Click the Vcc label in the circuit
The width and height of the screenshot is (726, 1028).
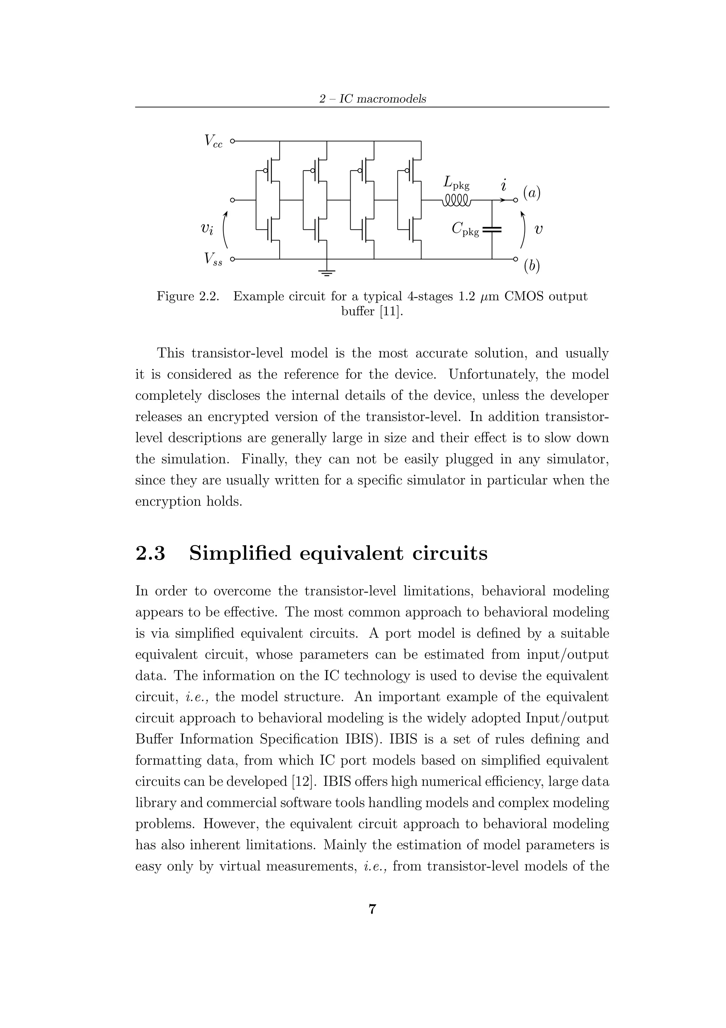coord(213,142)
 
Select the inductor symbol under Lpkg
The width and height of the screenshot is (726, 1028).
coord(456,200)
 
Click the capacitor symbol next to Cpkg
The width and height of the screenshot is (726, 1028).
coord(492,230)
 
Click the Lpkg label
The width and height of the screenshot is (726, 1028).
coord(456,183)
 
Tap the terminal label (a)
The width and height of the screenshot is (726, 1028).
coord(532,193)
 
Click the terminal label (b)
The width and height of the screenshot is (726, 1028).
coord(532,266)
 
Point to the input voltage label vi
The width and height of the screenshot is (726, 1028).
coord(207,229)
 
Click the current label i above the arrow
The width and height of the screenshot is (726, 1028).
coord(504,184)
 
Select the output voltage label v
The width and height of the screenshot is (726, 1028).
coord(539,229)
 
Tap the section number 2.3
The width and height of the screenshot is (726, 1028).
coord(150,553)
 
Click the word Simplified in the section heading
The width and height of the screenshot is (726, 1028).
coord(241,553)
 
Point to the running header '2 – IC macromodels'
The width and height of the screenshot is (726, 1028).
coord(372,99)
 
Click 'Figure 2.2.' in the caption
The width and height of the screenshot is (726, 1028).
coord(188,297)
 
